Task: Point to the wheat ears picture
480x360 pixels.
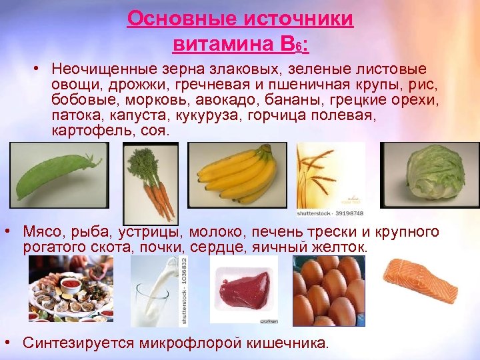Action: [328, 175]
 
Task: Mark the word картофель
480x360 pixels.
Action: [91, 131]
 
